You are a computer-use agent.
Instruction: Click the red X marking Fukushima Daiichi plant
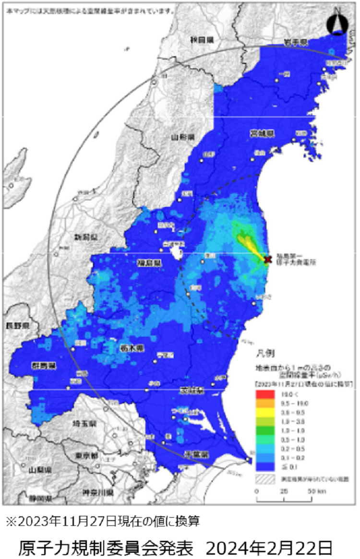(x=268, y=259)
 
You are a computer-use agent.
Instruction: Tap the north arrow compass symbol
(x=337, y=22)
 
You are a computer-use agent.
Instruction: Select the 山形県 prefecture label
(x=182, y=137)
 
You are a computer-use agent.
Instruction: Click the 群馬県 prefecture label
(x=45, y=366)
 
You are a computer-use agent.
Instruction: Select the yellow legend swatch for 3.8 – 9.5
(x=265, y=412)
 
